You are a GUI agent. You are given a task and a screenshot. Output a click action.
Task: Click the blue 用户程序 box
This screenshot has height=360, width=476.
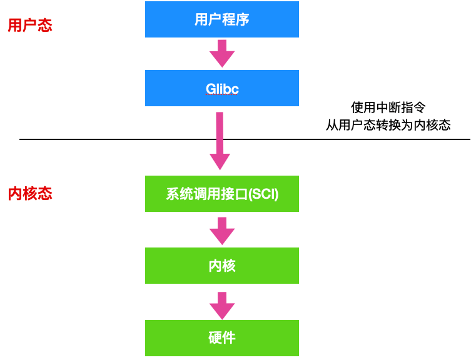[x=222, y=19]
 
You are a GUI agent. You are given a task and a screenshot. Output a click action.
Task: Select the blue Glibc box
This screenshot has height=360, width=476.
[x=222, y=88]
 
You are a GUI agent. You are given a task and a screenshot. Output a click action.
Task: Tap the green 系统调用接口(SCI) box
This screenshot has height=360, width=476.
[x=222, y=194]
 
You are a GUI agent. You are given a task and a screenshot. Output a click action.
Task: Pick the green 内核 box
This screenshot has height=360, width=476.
[x=222, y=266]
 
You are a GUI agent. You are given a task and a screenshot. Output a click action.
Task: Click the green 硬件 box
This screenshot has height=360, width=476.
[x=222, y=338]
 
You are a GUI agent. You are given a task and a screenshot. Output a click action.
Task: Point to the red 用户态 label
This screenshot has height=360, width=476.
[x=29, y=26]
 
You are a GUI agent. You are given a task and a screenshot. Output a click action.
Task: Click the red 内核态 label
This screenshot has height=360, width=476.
[x=29, y=193]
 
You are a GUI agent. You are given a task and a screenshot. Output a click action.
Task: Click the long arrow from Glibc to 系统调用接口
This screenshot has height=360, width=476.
[x=220, y=141]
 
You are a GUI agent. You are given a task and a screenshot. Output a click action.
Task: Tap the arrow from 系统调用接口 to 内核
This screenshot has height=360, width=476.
[x=221, y=231]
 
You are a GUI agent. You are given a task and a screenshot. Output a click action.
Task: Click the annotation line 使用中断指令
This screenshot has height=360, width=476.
[x=388, y=107]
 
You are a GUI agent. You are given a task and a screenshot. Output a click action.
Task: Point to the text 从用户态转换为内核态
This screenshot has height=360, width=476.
[x=388, y=125]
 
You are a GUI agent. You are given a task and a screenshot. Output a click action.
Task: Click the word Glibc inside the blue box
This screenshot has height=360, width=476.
[x=222, y=88]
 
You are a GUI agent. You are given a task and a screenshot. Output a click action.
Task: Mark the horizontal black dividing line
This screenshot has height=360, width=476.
[x=94, y=139]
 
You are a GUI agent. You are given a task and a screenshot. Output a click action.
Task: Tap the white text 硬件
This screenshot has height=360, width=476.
[x=222, y=338]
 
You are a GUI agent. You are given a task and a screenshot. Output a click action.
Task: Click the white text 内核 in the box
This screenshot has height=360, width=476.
[x=222, y=266]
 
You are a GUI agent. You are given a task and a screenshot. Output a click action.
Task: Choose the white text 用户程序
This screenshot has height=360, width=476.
[x=222, y=19]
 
